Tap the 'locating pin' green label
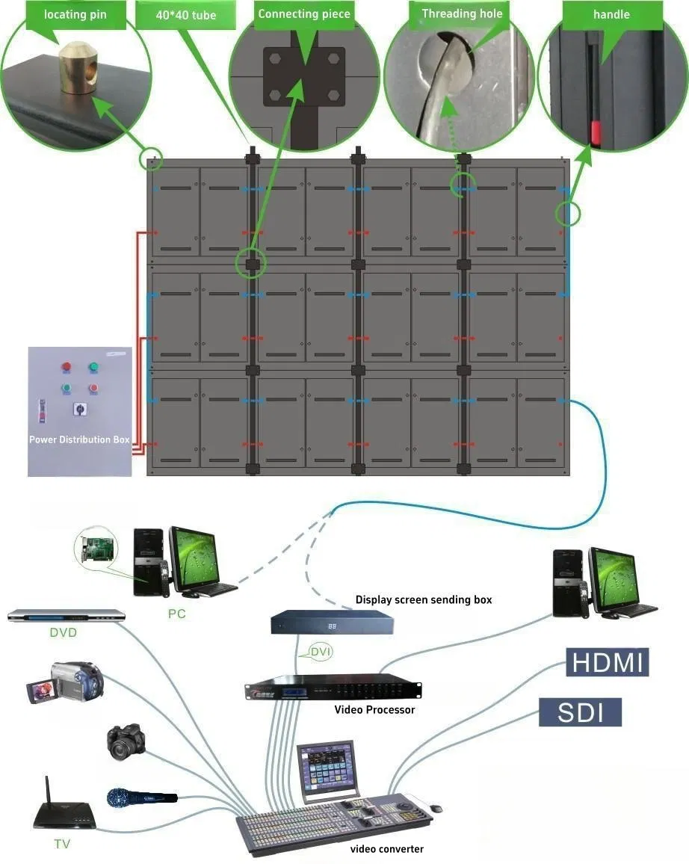point(74,14)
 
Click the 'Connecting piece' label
point(303,13)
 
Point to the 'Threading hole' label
point(462,13)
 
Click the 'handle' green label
point(611,14)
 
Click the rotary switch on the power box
point(78,410)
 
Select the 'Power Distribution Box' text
point(79,439)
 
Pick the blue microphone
point(140,797)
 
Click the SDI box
point(580,712)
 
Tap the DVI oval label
point(320,652)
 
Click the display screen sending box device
point(332,623)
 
